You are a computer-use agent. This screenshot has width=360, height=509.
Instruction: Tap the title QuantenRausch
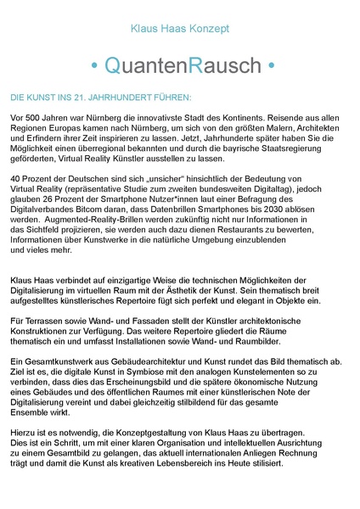click(x=180, y=64)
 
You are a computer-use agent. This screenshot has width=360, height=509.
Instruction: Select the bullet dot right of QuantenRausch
click(x=270, y=65)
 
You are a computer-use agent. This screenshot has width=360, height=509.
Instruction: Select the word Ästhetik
click(x=240, y=288)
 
